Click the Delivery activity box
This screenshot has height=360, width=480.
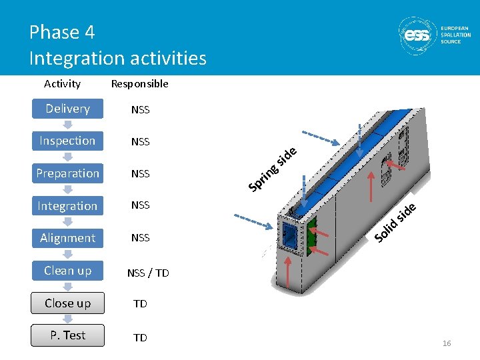(x=67, y=109)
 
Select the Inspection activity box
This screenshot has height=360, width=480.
(x=67, y=141)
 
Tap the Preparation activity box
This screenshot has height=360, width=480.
(x=67, y=173)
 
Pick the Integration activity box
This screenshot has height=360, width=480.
(x=67, y=206)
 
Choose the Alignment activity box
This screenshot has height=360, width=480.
(x=67, y=238)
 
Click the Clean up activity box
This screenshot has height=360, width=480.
(x=67, y=271)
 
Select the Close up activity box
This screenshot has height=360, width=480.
(x=67, y=303)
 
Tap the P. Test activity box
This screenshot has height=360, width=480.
(x=67, y=335)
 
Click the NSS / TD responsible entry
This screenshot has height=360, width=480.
(x=147, y=273)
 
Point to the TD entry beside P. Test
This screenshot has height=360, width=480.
(x=140, y=338)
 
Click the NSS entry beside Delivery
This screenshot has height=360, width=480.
(x=140, y=110)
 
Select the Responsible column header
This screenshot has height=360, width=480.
(x=139, y=84)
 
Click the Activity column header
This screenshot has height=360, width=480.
(x=62, y=84)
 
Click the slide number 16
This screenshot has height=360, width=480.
(x=447, y=343)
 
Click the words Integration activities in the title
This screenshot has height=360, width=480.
(x=117, y=59)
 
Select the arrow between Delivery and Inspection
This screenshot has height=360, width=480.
(x=67, y=125)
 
